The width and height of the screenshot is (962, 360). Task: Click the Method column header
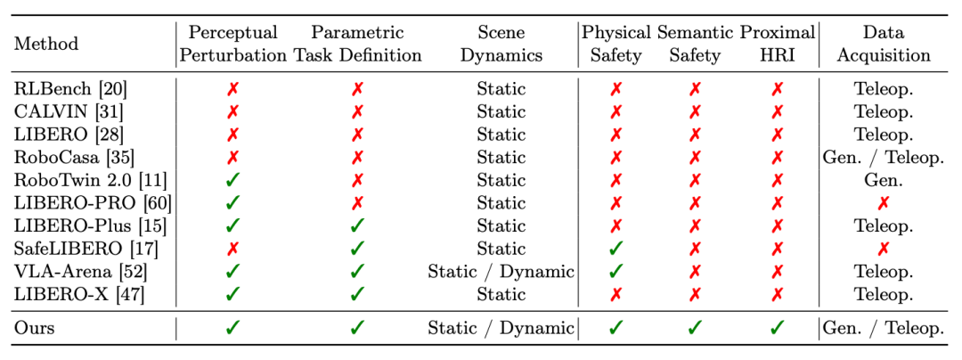coord(46,45)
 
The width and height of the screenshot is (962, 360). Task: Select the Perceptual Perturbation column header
coord(233,45)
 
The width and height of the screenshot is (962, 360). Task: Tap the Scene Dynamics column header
coord(501,45)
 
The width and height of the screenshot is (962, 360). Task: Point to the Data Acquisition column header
coord(884,45)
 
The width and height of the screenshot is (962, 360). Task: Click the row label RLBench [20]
coord(70,89)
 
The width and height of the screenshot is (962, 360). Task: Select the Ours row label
coord(35,328)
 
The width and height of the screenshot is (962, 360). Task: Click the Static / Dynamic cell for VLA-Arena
coord(501,271)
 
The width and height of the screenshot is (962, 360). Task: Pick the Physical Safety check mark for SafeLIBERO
coord(616,249)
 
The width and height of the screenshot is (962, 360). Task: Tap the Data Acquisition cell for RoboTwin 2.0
coord(884,180)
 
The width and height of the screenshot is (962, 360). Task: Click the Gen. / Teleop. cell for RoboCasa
coord(884,158)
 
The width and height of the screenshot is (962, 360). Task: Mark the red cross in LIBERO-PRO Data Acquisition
coord(884,203)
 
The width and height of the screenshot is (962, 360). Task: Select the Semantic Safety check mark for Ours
coord(695,328)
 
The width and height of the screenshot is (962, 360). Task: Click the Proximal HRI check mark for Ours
coord(778,328)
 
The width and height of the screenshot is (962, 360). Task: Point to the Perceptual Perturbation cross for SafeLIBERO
coord(232,249)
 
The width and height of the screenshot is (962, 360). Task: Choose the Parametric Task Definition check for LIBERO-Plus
coord(357,225)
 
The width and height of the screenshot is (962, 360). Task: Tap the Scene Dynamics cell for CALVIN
coord(501,112)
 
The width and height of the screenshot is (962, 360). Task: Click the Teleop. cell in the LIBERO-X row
coord(884,294)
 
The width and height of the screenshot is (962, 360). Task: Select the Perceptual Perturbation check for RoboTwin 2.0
coord(232,180)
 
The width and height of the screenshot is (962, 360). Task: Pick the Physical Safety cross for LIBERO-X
coord(616,294)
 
